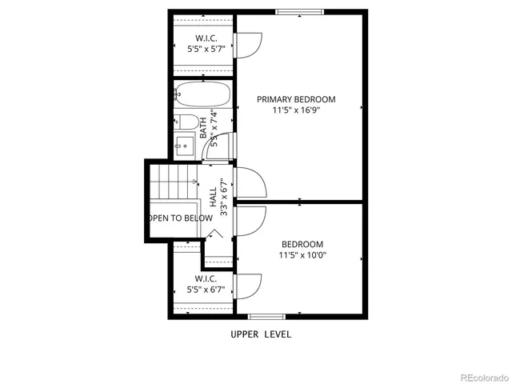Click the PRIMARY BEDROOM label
296,99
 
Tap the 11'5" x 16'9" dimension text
296,112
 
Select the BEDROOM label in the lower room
302,244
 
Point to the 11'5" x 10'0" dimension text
302,256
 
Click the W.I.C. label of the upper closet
206,38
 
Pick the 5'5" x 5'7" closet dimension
206,50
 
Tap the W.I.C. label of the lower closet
206,278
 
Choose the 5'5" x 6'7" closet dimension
206,290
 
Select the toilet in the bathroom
187,122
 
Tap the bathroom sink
183,146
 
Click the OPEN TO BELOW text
180,218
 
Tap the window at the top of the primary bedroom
300,11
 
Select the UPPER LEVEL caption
261,334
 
